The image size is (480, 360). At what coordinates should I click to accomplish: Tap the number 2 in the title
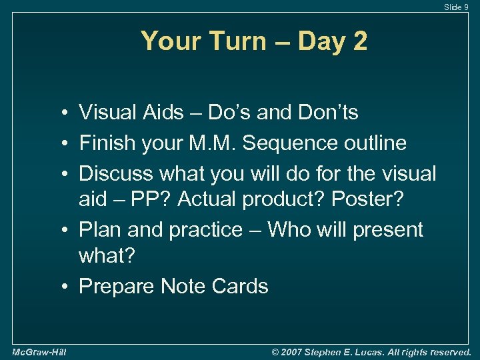tap(359, 42)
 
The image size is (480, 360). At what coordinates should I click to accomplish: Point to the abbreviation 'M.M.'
tap(214, 143)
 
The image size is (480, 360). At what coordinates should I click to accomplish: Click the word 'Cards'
tap(239, 286)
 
